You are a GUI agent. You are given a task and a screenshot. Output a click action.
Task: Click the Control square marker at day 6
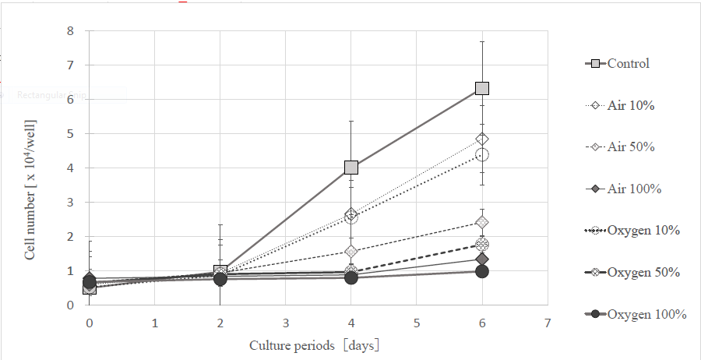(x=482, y=88)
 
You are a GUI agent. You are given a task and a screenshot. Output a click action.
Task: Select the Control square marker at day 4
(x=351, y=167)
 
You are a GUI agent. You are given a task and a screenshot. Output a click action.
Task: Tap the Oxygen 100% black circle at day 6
(x=482, y=271)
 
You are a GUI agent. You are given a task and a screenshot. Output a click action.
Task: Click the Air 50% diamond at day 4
(x=351, y=252)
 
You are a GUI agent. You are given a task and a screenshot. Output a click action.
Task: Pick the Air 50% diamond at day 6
(x=482, y=223)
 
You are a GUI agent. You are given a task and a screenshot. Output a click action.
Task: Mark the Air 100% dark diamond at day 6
(x=482, y=259)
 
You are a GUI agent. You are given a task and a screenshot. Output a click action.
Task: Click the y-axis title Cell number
(x=30, y=188)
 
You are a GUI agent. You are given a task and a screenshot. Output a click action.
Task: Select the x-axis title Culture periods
(x=315, y=344)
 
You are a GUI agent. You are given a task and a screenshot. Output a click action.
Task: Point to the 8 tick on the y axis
(x=70, y=31)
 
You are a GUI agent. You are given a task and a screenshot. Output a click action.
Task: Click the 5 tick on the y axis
(x=70, y=134)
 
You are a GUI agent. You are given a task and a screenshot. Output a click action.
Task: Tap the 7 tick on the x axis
(x=548, y=322)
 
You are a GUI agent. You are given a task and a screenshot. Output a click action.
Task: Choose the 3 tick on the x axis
(x=286, y=322)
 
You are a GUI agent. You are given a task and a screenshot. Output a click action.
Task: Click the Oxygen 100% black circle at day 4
(x=351, y=277)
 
